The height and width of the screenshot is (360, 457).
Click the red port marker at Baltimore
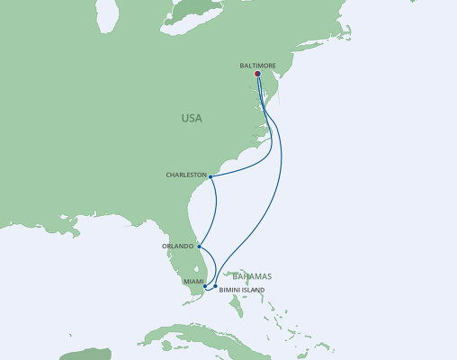pos(258,75)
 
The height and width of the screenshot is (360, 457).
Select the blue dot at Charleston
pos(211,176)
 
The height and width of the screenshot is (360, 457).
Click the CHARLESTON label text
pos(186,175)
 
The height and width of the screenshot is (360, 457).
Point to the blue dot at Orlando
pos(199,247)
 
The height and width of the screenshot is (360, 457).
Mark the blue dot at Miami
pos(206,286)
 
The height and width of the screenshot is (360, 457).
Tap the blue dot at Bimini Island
pos(216,285)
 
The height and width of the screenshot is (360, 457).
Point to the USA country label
pos(191,118)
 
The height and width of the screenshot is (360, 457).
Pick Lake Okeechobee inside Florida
pos(203,270)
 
